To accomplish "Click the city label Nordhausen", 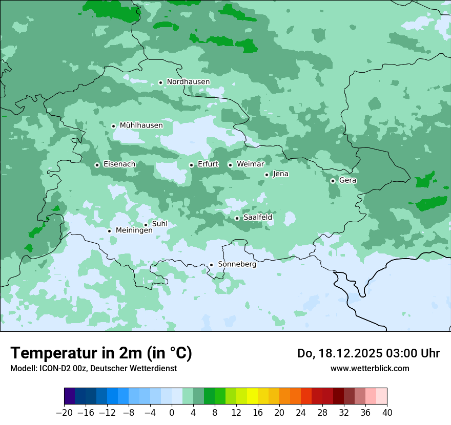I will (x=188, y=82).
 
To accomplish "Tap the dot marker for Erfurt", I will (x=191, y=165).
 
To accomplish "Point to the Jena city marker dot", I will (x=266, y=175).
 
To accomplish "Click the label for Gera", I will (x=347, y=180).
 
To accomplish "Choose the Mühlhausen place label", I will (x=141, y=125).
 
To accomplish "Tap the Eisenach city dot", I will (x=97, y=165).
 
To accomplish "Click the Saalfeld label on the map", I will (x=258, y=218).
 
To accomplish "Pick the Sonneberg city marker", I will (x=211, y=265).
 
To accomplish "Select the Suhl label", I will (x=160, y=224).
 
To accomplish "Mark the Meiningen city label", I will (x=134, y=231).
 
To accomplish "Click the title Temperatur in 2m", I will (x=101, y=353).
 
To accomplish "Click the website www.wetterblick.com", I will (x=370, y=368).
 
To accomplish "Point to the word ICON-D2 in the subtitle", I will (x=52, y=368).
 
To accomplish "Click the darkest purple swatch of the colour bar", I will (x=70, y=396).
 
